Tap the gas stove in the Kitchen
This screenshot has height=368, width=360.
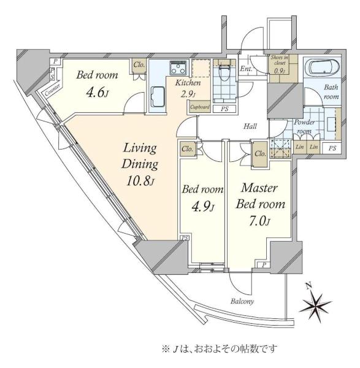(178, 68)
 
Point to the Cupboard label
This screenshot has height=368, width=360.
(200, 107)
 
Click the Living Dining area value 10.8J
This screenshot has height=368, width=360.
(140, 180)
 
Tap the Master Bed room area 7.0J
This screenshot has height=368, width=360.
(260, 221)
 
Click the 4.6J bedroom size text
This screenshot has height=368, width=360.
(97, 92)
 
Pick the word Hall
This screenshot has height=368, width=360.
(250, 126)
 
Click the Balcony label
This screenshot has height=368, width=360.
(242, 301)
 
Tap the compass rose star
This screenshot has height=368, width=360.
(316, 304)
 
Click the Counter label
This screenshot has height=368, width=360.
(52, 90)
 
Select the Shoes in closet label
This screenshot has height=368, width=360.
(280, 60)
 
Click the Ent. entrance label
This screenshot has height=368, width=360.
(246, 69)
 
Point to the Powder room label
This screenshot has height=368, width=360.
(304, 126)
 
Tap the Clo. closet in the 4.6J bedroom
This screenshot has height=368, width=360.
(139, 65)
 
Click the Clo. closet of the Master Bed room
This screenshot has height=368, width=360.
(260, 154)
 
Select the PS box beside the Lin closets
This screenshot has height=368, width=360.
(332, 148)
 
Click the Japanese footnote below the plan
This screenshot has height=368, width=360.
(220, 348)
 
